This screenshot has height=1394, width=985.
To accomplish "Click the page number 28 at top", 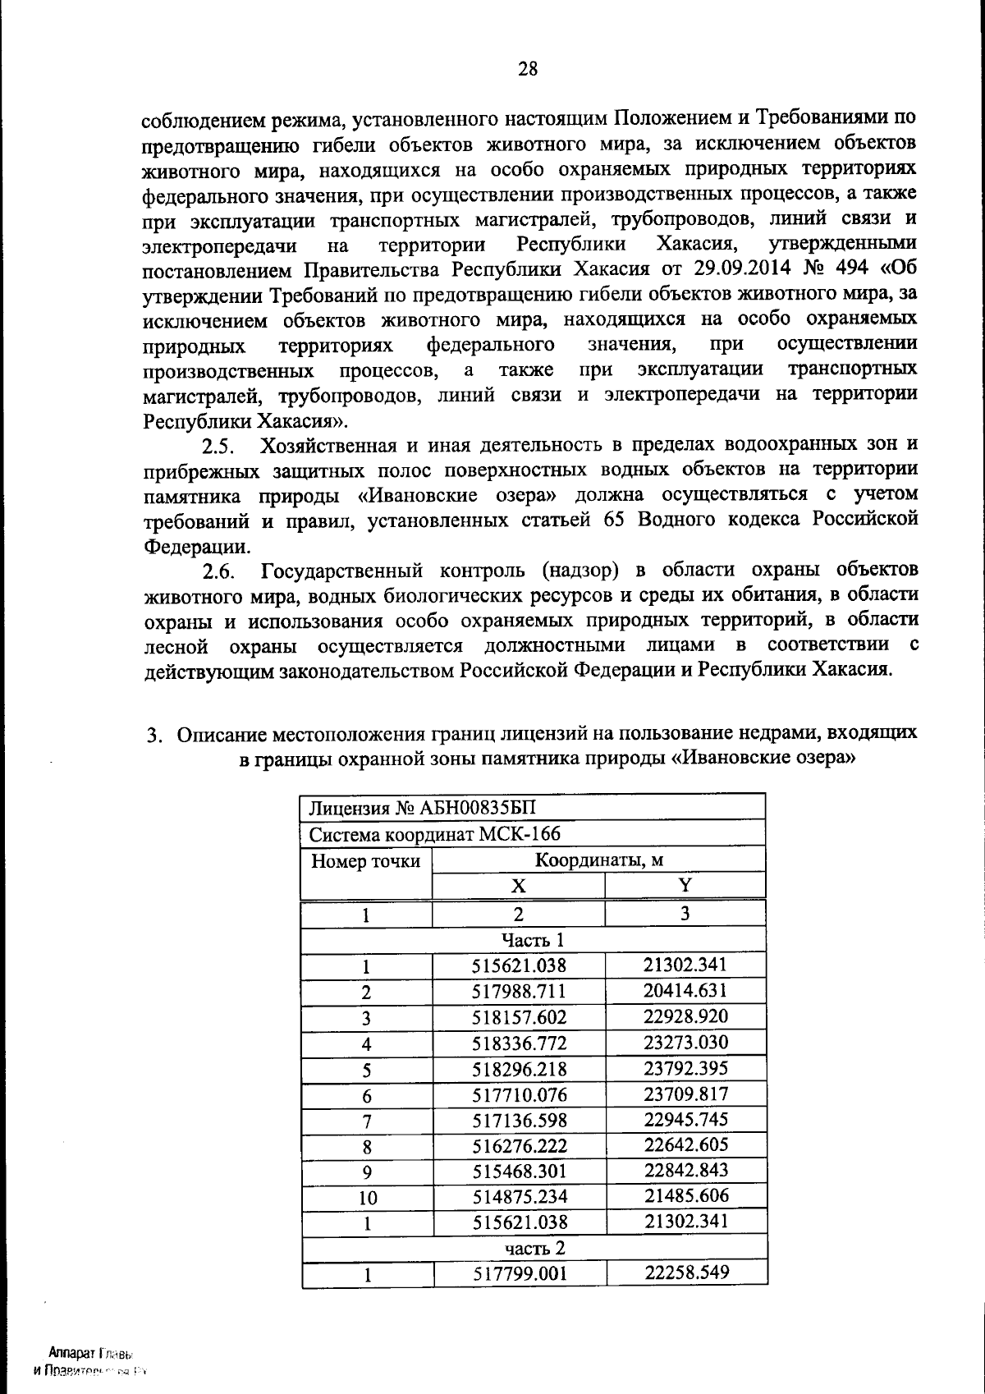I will click(x=527, y=69).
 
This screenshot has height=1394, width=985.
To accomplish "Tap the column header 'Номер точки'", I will click(x=366, y=861).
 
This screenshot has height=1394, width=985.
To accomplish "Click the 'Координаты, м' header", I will click(x=599, y=860).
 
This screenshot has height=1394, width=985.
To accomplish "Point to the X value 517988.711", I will click(x=519, y=992).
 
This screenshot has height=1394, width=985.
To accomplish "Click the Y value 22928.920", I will click(x=685, y=1016).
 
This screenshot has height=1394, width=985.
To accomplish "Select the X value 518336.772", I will click(x=519, y=1043).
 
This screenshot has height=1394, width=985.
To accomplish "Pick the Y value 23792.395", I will click(x=685, y=1068).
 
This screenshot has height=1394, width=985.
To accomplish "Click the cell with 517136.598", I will click(x=519, y=1120).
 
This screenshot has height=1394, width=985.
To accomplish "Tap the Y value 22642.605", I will click(x=685, y=1144).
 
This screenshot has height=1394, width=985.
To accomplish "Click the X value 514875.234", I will click(x=519, y=1196).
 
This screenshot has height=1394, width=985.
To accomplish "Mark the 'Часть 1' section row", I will click(x=534, y=939).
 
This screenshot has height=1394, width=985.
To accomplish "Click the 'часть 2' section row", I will click(x=534, y=1248).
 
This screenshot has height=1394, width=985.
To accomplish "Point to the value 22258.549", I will click(x=686, y=1272).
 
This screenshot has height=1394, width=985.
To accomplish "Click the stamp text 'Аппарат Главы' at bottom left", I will click(x=90, y=1352).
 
